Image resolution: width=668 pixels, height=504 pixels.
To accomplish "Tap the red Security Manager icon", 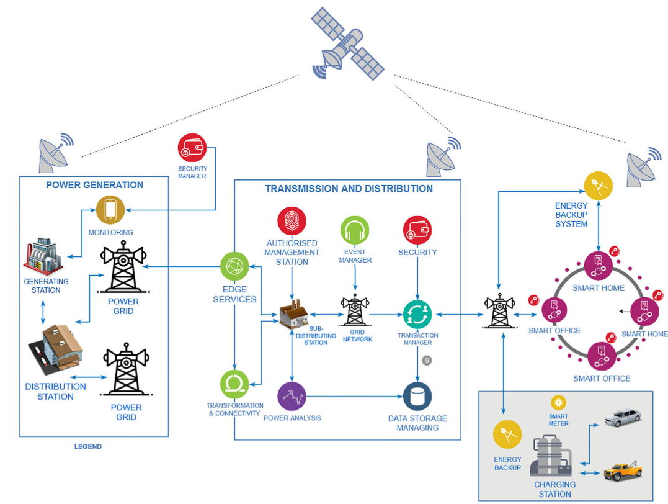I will point(192,148).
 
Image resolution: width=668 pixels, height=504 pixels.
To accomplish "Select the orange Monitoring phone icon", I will point(110,210).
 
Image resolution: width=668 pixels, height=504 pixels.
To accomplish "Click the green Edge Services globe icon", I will point(234,268).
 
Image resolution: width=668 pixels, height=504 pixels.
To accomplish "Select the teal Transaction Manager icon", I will point(417,314).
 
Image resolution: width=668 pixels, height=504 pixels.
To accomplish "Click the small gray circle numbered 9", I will point(427,360).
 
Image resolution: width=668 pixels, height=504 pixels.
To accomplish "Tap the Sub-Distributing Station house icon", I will point(295,314).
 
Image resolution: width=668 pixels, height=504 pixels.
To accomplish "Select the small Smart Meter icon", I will point(558,402).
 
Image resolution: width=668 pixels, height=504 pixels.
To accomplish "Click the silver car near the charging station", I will point(623,416).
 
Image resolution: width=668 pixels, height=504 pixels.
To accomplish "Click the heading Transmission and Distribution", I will point(349,189).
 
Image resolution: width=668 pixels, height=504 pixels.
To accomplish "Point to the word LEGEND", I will point(87,446).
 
